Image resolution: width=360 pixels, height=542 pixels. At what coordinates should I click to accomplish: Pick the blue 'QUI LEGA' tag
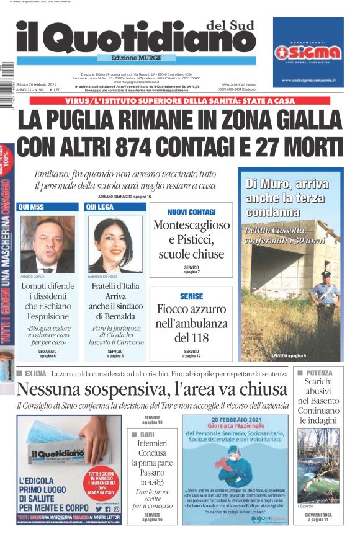click(x=100, y=207)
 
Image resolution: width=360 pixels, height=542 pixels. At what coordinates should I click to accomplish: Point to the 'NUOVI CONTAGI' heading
click(x=191, y=211)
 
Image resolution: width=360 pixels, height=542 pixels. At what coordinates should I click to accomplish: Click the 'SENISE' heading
click(x=191, y=296)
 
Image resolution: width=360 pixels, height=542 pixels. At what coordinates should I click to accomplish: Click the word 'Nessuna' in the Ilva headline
click(x=52, y=390)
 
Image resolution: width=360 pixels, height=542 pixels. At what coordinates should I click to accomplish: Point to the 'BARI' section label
click(x=146, y=435)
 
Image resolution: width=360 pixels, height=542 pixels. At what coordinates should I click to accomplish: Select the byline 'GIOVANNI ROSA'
click(x=318, y=515)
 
